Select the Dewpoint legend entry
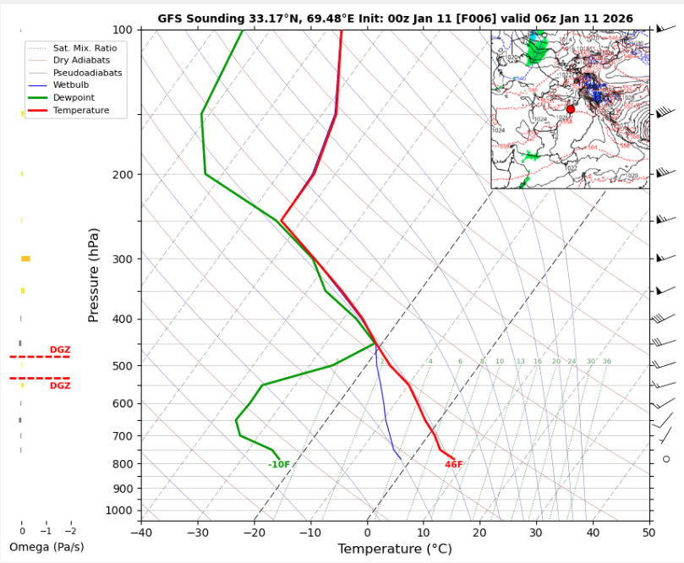68,98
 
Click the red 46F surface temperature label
454,465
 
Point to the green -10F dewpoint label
279,465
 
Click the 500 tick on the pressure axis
122,366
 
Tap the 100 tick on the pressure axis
122,30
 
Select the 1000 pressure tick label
119,511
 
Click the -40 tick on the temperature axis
141,532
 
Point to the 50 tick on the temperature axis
648,532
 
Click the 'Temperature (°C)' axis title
395,549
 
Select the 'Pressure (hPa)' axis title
94,275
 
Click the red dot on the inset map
571,109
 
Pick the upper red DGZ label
60,350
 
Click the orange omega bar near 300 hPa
25,259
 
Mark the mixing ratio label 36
606,362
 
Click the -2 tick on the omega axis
70,531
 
